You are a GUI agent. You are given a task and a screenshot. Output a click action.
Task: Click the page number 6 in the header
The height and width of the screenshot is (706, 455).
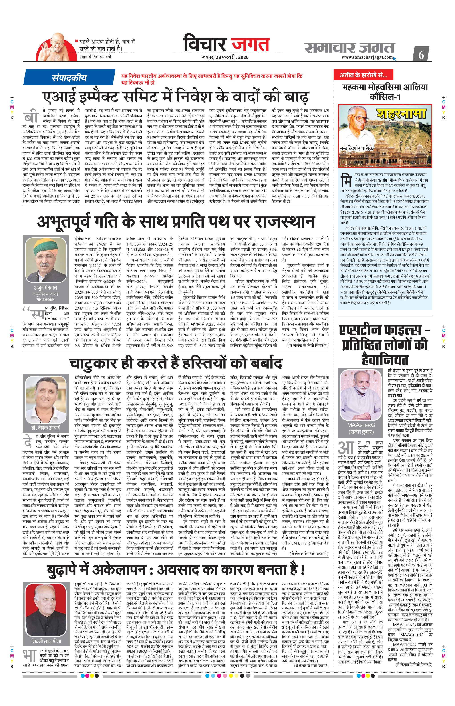[421, 55]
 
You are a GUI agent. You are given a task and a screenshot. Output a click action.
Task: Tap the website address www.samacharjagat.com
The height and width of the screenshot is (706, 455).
[367, 57]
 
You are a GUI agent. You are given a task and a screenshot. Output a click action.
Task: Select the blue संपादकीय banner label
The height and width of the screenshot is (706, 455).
[69, 78]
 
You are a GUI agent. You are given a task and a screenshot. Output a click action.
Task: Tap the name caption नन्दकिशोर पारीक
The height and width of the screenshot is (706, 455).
[357, 148]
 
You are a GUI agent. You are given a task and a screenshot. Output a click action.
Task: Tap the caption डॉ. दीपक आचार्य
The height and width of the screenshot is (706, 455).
[46, 427]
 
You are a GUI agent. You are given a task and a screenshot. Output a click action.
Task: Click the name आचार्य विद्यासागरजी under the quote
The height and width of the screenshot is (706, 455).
[96, 56]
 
